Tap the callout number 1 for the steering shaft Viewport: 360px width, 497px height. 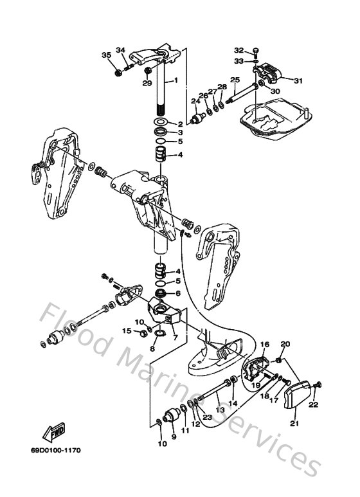174,82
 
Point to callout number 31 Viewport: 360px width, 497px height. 298,80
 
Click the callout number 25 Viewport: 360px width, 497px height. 234,80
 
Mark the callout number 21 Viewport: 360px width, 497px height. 295,423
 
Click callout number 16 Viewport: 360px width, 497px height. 265,345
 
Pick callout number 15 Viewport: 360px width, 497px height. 127,331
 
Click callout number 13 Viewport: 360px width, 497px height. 219,409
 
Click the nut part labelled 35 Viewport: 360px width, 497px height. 118,72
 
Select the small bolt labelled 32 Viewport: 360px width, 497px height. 256,50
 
